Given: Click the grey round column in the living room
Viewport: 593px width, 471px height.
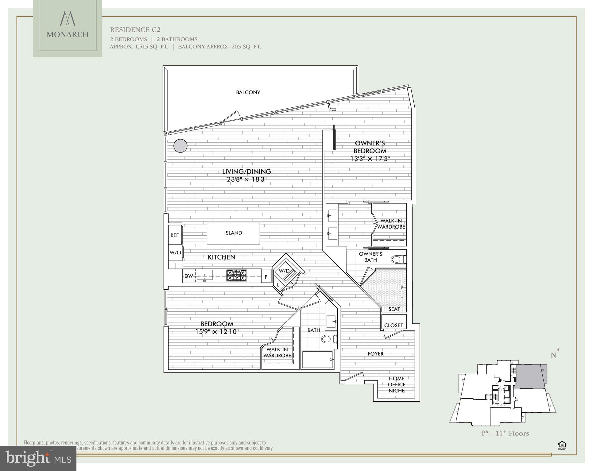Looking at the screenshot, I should [x=180, y=146].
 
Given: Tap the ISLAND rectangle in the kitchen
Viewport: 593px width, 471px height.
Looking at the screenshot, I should [x=233, y=233].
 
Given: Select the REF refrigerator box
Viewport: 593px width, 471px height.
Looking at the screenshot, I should [x=175, y=235].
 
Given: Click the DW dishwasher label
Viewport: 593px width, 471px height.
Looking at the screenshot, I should [x=189, y=276].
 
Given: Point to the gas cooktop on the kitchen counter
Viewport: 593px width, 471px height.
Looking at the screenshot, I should [x=237, y=275].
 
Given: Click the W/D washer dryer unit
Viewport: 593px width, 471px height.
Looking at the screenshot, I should [x=285, y=271].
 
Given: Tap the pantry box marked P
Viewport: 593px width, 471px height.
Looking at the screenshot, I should [x=266, y=277].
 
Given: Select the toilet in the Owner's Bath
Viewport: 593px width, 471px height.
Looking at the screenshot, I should [x=398, y=260].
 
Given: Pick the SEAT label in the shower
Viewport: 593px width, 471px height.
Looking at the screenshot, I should [x=394, y=309].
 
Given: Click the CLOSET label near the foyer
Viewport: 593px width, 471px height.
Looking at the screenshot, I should [x=393, y=325].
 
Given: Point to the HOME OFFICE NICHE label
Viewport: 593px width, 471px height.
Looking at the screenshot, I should [x=397, y=384].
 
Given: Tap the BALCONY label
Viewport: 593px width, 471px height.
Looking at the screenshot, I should [x=248, y=92].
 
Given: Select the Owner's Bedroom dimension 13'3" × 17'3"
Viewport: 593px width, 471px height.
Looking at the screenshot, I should [x=370, y=159].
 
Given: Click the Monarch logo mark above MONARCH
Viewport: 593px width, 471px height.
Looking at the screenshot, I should [x=68, y=19].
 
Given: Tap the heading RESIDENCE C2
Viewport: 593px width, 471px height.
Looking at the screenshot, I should [x=135, y=30].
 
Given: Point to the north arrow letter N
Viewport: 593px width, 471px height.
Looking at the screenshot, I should [x=553, y=355].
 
